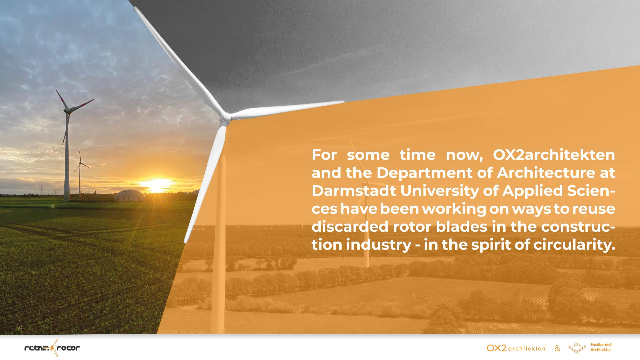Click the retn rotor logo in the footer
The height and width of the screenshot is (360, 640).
click(53, 348)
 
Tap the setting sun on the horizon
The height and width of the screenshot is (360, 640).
click(156, 184)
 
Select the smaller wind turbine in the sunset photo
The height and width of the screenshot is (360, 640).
click(80, 173)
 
